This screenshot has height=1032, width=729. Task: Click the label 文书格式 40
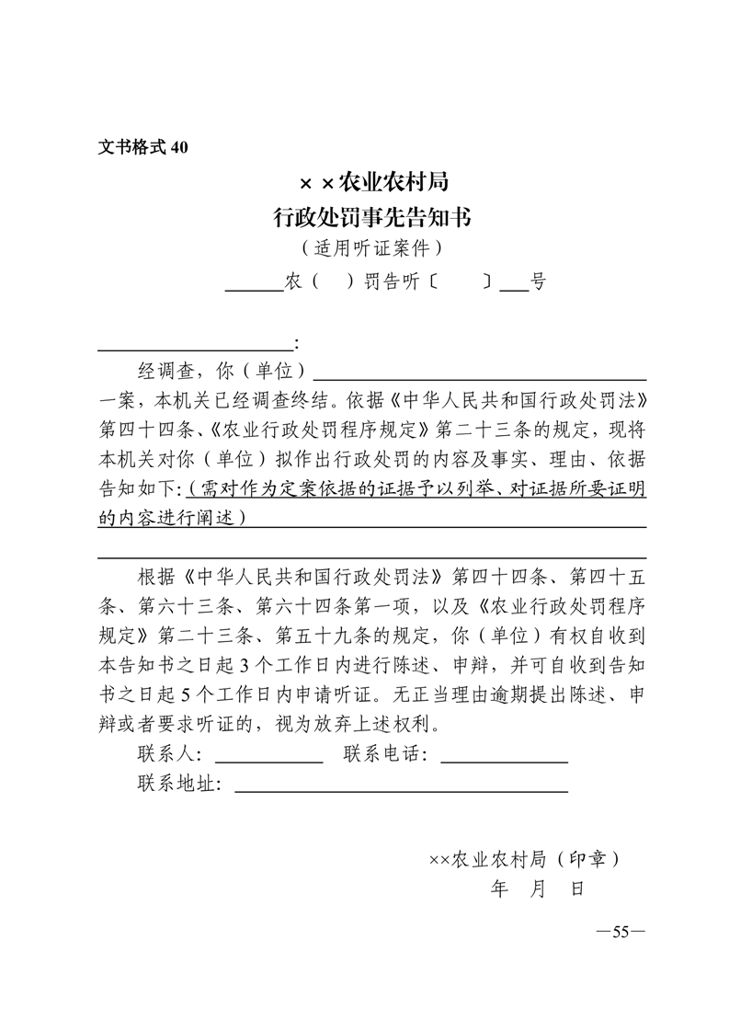coord(142,148)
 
